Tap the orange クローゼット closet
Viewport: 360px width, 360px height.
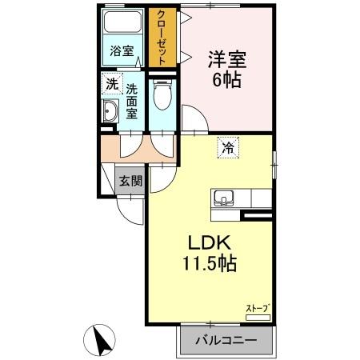(x=162, y=38)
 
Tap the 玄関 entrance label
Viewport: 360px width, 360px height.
(x=130, y=181)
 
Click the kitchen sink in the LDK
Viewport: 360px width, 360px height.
(x=222, y=197)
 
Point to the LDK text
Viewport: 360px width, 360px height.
(x=210, y=242)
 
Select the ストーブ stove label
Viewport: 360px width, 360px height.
(x=257, y=307)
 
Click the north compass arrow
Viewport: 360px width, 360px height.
(x=102, y=342)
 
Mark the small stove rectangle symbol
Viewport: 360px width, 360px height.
(x=258, y=318)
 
